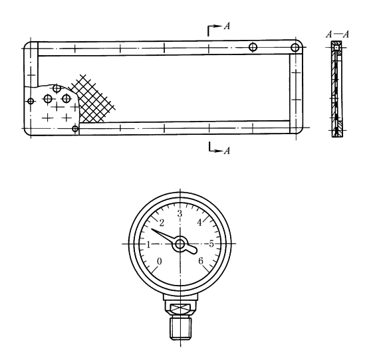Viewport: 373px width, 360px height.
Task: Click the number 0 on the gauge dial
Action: (160, 261)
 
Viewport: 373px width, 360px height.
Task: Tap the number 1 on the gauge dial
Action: (149, 244)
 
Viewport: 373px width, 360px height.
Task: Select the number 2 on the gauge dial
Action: (162, 223)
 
